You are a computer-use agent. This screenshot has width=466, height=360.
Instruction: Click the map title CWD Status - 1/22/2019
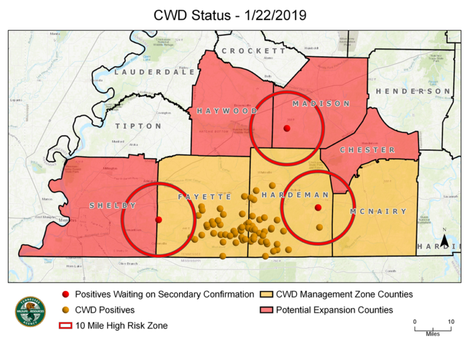(233, 14)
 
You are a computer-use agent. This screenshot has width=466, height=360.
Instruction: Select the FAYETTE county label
(204, 197)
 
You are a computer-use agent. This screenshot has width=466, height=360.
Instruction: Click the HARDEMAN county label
(295, 195)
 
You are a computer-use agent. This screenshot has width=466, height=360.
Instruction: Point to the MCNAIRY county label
(377, 211)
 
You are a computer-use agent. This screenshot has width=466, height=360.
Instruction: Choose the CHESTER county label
(367, 150)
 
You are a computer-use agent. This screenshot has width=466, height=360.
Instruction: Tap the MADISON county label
(322, 104)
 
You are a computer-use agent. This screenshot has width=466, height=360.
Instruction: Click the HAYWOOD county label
(226, 112)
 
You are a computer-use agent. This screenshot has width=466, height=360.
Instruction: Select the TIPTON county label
(138, 126)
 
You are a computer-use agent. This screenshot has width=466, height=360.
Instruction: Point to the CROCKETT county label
(254, 51)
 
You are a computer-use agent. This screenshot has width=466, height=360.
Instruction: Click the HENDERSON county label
(413, 91)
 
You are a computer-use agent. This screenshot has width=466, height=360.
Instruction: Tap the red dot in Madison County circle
(286, 128)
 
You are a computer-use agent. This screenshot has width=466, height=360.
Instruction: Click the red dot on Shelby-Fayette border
(158, 220)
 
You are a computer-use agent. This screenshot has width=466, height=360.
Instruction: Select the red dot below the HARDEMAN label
(317, 208)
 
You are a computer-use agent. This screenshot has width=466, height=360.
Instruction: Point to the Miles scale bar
(433, 328)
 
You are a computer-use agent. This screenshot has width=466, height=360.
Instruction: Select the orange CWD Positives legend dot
(65, 310)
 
